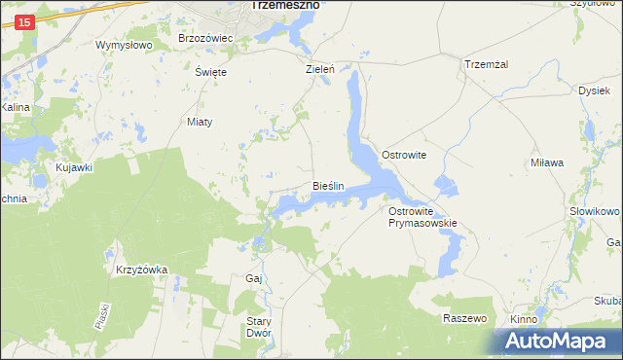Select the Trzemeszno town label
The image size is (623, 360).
(285, 5)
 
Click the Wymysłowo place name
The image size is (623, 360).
(125, 45)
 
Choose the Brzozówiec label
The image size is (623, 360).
(206, 38)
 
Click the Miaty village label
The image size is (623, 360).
(200, 122)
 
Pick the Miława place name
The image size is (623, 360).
(547, 162)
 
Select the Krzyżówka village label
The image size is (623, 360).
(142, 270)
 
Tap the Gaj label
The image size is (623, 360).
(254, 278)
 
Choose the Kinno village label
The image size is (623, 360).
(525, 319)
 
